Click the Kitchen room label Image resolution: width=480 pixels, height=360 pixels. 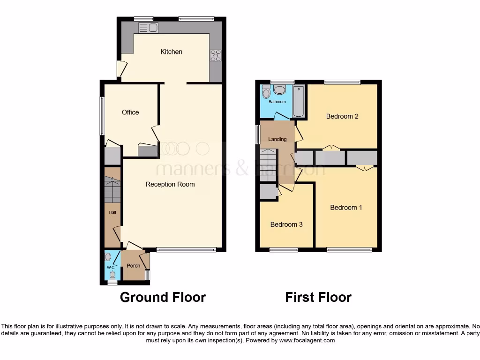tap(171, 52)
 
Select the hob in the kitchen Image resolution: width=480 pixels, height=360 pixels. tap(216, 55)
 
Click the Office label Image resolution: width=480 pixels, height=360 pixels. tap(130, 112)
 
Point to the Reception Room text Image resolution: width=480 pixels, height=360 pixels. tap(170, 184)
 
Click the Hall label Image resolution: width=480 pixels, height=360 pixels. tap(112, 212)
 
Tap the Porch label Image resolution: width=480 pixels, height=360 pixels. tap(134, 266)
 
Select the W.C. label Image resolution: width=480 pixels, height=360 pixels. tap(111, 268)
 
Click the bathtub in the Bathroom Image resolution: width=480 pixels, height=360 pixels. tap(299, 101)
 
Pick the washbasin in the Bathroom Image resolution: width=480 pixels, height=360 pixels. tap(280, 90)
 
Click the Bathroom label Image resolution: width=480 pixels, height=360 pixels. tap(277, 102)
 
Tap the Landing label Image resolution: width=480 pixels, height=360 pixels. tap(277, 139)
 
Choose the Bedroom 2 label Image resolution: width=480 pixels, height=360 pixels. tap(342, 116)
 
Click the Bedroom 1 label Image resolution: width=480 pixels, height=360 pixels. tap(346, 207)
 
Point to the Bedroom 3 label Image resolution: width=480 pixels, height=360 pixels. tap(286, 225)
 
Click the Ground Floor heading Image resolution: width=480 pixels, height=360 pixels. tap(163, 297)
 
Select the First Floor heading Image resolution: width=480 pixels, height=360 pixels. tap(318, 297)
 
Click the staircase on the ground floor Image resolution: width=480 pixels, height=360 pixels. tap(112, 190)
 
